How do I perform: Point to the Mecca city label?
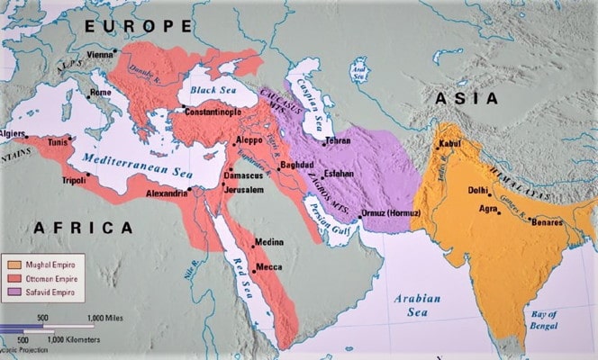click(269, 267)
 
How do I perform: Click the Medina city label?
click(269, 242)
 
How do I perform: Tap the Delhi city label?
click(479, 190)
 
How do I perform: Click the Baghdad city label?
click(296, 166)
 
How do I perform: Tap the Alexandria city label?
click(168, 193)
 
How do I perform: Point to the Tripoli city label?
click(75, 180)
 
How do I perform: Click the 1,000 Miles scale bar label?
click(106, 318)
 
